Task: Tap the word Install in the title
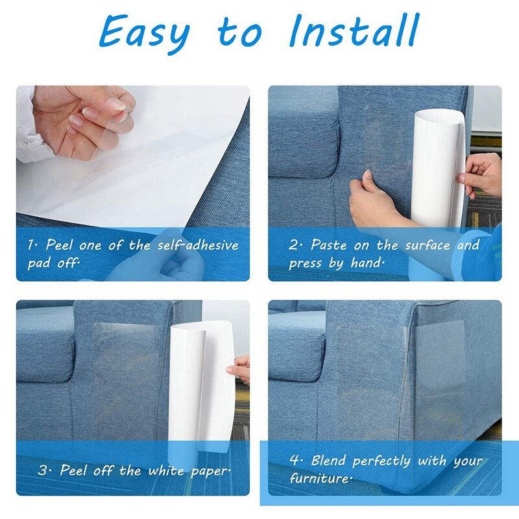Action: tap(354, 30)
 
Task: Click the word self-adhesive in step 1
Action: tap(198, 246)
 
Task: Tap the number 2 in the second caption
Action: tap(294, 245)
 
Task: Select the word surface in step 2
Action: tap(428, 246)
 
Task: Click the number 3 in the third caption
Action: tap(43, 470)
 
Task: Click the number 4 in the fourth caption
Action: tap(295, 461)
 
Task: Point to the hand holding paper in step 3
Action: tap(239, 368)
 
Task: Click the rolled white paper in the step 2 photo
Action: tap(438, 169)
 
